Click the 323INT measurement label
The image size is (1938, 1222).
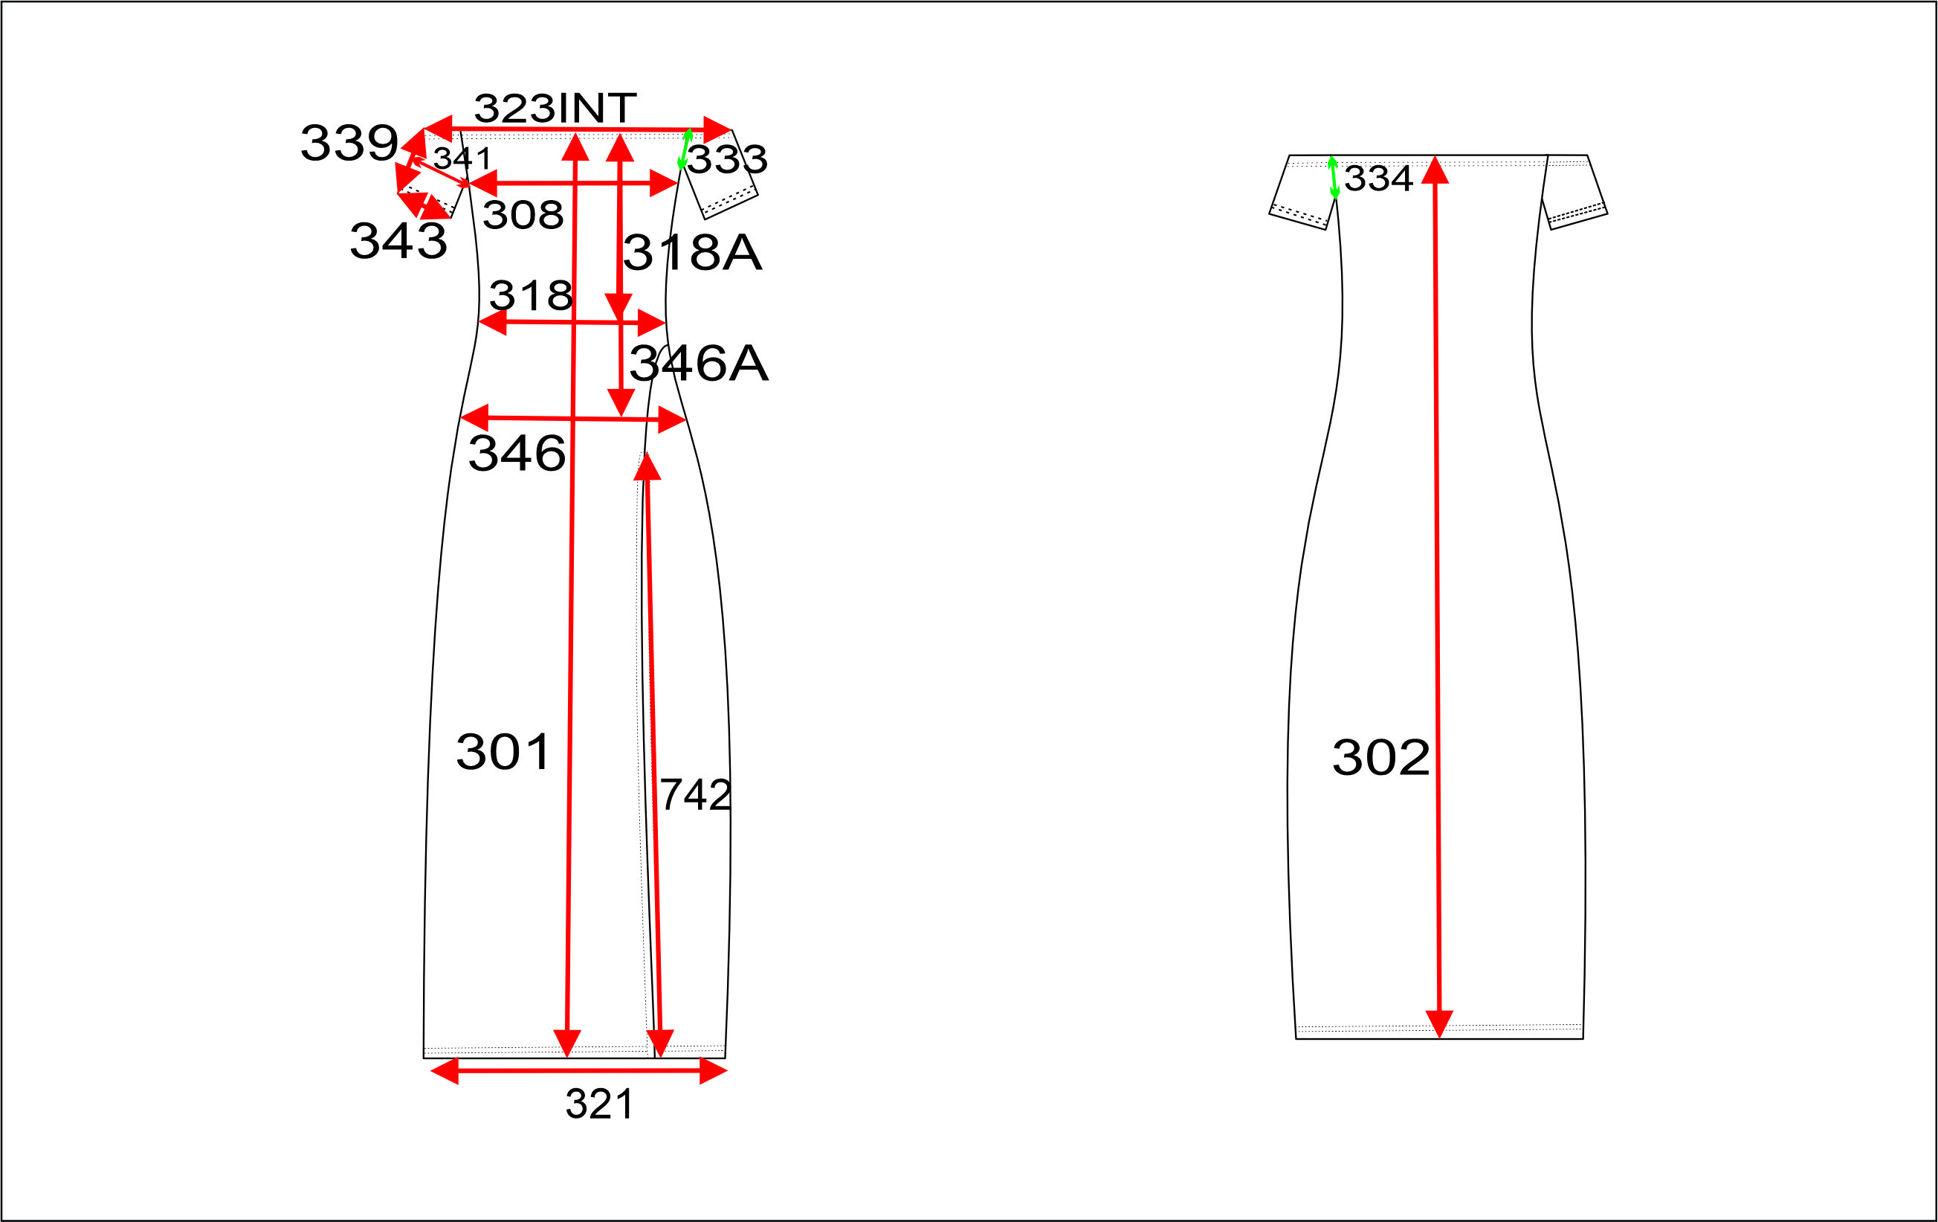[555, 108]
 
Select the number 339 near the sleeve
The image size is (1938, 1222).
[349, 144]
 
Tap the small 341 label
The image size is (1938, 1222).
[462, 158]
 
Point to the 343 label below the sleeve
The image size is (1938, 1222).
[398, 241]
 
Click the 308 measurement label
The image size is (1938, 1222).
[523, 215]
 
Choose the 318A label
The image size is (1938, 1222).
[692, 253]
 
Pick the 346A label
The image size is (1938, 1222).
[699, 363]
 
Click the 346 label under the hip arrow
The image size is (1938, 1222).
[517, 452]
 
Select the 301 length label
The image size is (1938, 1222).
[503, 752]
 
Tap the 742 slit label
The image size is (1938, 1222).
[695, 794]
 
